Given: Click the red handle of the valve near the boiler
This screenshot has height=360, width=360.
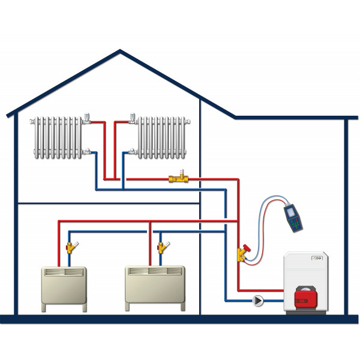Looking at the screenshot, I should pyautogui.click(x=245, y=247).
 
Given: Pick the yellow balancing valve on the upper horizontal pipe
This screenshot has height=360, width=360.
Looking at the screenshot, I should pyautogui.click(x=178, y=178).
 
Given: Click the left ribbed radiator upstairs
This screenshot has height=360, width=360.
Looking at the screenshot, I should pyautogui.click(x=58, y=138).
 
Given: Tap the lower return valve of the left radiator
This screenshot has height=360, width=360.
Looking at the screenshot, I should pyautogui.click(x=88, y=152).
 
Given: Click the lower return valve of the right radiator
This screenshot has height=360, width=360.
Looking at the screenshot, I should pyautogui.click(x=131, y=152).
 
